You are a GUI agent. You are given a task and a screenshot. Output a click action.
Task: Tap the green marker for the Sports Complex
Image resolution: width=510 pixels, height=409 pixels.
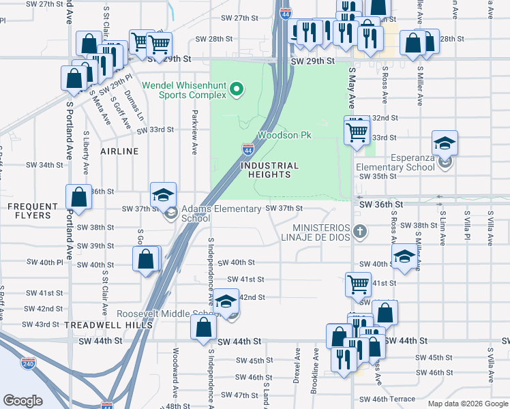(x=237, y=88)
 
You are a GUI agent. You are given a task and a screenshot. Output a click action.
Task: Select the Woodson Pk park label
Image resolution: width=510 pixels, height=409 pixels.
(x=284, y=135)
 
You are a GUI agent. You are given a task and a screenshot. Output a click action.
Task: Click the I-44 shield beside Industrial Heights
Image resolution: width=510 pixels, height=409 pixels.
(x=248, y=149)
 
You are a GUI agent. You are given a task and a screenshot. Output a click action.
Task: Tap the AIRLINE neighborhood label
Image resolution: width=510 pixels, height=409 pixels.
(x=120, y=151)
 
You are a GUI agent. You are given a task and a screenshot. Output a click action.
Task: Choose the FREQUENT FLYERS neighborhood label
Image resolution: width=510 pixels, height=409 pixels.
(x=29, y=211)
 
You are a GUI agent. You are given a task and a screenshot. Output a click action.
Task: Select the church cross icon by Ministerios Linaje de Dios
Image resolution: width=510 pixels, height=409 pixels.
(x=361, y=233)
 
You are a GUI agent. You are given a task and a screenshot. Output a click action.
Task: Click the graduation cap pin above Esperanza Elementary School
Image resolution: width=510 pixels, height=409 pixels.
(x=445, y=144)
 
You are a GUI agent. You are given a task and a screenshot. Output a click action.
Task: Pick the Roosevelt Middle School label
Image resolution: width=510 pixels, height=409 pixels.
(x=167, y=314)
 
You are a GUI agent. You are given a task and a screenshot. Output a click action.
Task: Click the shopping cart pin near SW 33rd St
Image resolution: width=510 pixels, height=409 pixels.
(x=357, y=131)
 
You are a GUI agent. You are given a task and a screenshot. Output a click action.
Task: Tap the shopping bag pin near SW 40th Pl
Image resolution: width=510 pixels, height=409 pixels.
(x=146, y=260)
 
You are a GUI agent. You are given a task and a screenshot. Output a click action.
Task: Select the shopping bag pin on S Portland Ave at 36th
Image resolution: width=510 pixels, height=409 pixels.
(x=79, y=197)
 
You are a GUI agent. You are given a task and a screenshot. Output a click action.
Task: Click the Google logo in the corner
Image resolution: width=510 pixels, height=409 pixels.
(x=23, y=400)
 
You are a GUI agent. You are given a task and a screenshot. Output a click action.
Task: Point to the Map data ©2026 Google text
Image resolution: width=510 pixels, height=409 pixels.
(x=467, y=404)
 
